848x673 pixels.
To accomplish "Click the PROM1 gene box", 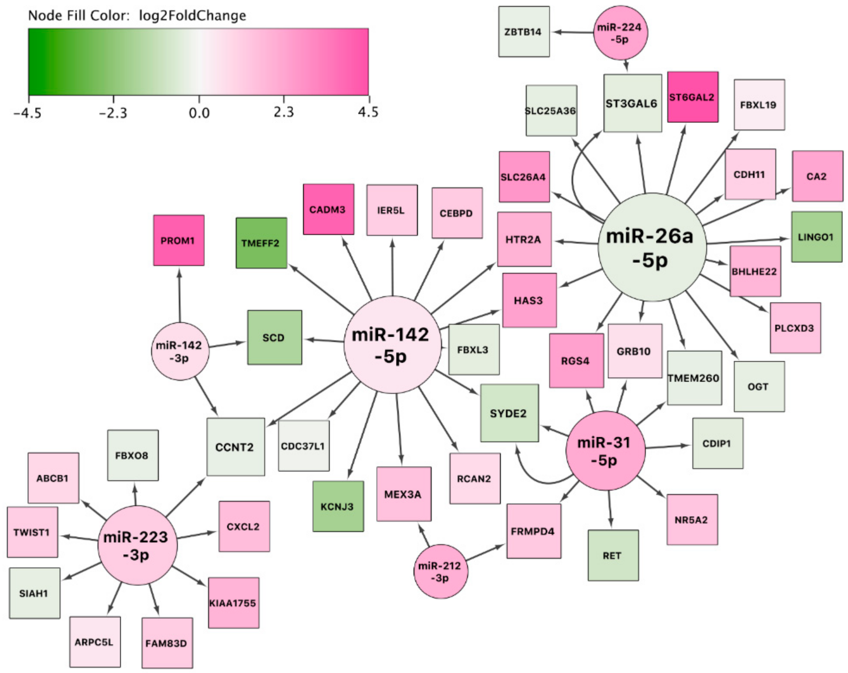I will pyautogui.click(x=178, y=240).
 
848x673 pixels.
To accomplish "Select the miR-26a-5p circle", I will pyautogui.click(x=652, y=247).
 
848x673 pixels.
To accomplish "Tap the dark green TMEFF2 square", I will pyautogui.click(x=261, y=243).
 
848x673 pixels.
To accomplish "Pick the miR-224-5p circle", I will pyautogui.click(x=620, y=33).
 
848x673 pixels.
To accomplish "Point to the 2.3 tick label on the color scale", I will pyautogui.click(x=284, y=112).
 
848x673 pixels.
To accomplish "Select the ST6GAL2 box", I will pyautogui.click(x=693, y=97).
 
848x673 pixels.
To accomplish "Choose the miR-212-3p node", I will pyautogui.click(x=441, y=571).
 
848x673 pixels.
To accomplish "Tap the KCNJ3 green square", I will pyautogui.click(x=338, y=506).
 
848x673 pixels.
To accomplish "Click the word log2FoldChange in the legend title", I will pyautogui.click(x=192, y=16).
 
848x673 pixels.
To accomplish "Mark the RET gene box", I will pyautogui.click(x=613, y=555).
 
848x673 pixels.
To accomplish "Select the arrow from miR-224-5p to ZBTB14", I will pyautogui.click(x=572, y=32).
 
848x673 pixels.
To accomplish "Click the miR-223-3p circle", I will pyautogui.click(x=137, y=545).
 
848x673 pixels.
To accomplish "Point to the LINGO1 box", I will pyautogui.click(x=817, y=237).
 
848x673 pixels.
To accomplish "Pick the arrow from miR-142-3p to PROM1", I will pyautogui.click(x=180, y=295).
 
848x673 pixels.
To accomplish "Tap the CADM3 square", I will pyautogui.click(x=328, y=210).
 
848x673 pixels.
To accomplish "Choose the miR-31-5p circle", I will pyautogui.click(x=605, y=451).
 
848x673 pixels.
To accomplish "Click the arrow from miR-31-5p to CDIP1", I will pyautogui.click(x=668, y=447).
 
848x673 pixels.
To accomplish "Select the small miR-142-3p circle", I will pyautogui.click(x=180, y=351).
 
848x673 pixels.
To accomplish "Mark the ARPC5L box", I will pyautogui.click(x=95, y=642).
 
